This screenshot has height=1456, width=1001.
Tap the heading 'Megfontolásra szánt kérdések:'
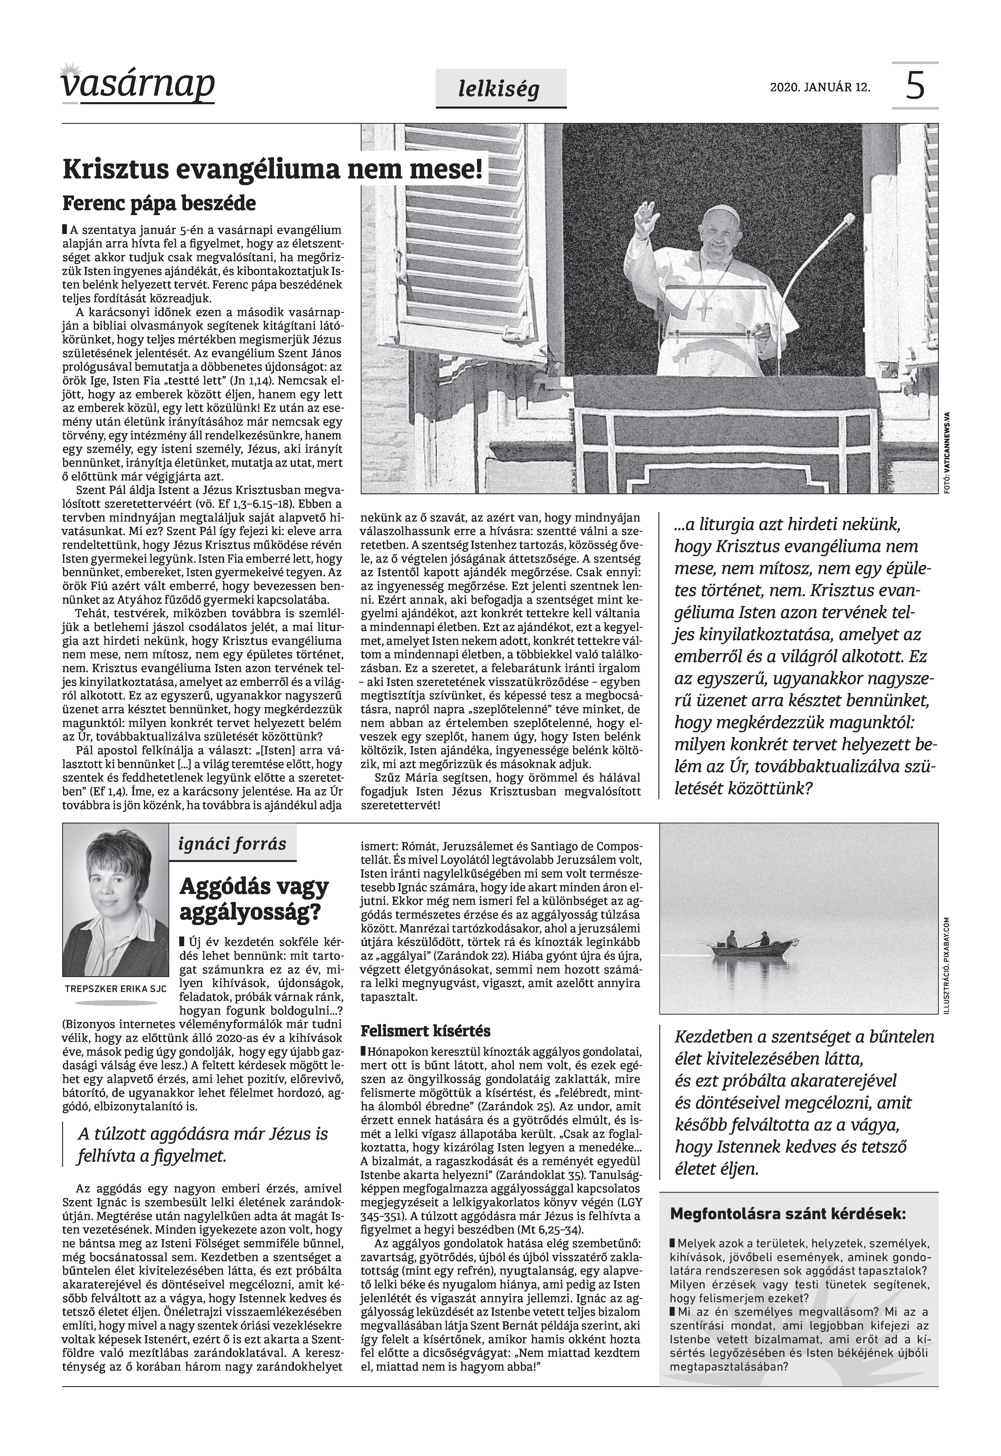788,1261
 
